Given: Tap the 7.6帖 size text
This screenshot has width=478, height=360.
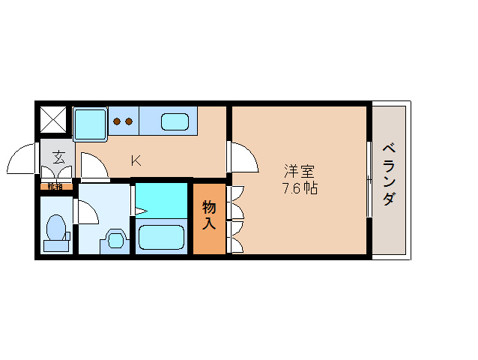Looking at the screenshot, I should [299, 188].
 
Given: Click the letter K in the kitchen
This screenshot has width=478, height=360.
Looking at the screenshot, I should [136, 160].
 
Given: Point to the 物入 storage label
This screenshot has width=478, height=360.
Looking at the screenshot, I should [209, 214].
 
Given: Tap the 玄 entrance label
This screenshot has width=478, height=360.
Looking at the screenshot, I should [58, 157].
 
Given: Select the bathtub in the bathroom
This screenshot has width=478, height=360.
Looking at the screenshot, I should [161, 237].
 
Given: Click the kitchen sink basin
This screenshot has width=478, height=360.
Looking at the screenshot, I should [175, 120].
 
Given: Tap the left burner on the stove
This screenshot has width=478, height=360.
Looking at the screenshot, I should [118, 121].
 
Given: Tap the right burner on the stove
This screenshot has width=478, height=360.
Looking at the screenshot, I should [128, 121].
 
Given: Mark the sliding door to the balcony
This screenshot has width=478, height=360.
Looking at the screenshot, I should [369, 179].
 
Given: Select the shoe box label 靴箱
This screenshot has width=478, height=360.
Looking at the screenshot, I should [55, 186].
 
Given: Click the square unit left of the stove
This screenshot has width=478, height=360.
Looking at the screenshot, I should [91, 121].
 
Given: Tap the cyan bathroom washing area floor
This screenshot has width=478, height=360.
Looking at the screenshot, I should [161, 200].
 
